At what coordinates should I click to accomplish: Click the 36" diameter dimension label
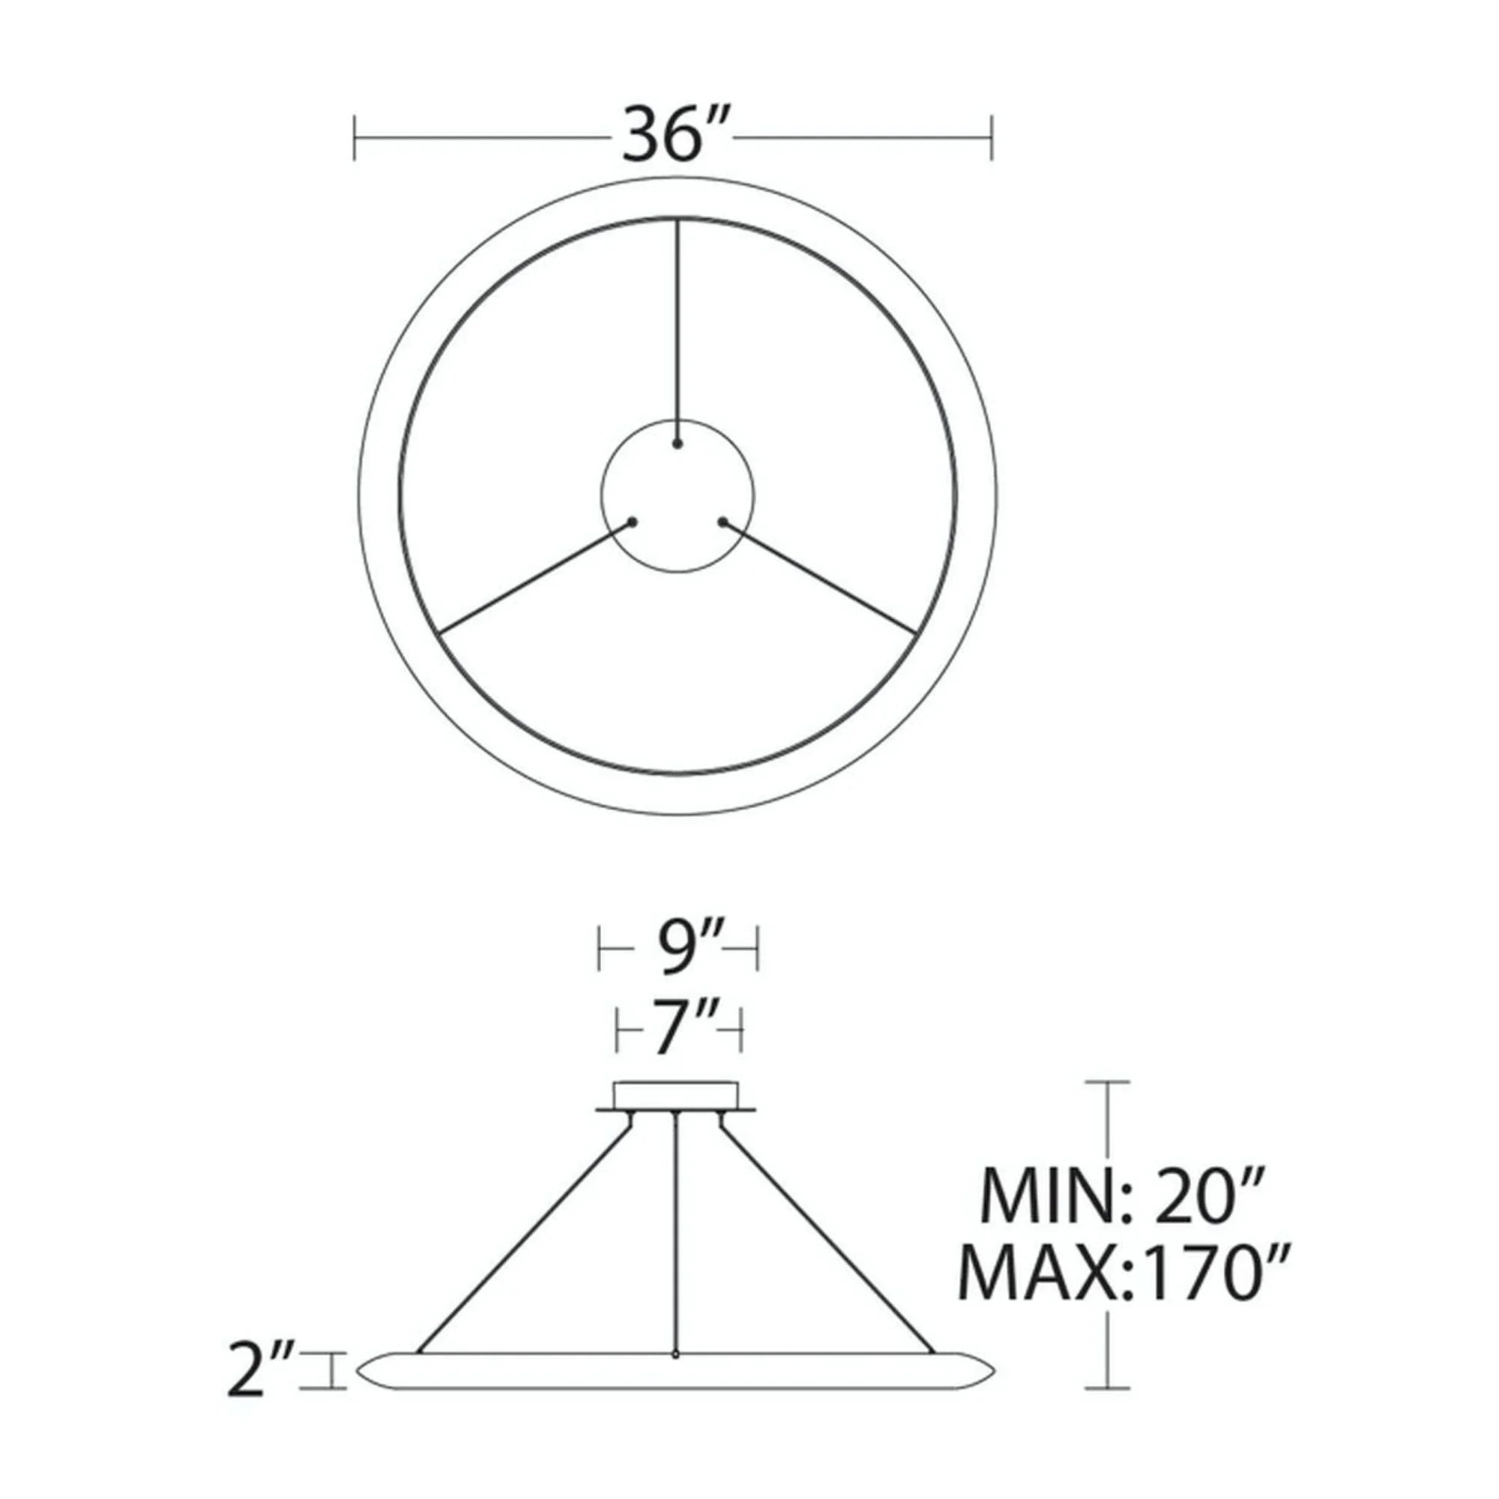coord(674,136)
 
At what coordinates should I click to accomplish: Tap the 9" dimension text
coord(678,949)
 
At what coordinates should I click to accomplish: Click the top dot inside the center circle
coord(678,444)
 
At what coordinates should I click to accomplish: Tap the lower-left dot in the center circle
coord(633,522)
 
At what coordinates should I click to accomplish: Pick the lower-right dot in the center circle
coord(723,522)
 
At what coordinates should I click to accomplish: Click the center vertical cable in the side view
coord(678,1241)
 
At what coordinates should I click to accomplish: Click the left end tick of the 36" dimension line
coord(355,138)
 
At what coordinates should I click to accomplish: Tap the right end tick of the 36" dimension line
coord(992,138)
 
